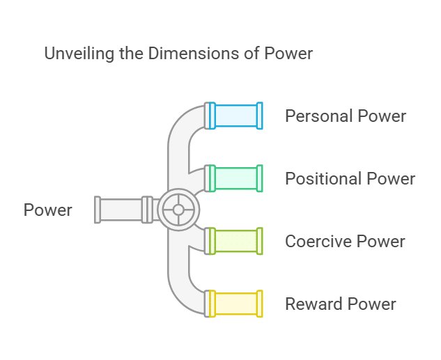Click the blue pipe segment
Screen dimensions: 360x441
click(235, 116)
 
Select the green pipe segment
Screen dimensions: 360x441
click(235, 178)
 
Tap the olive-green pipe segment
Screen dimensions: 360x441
click(235, 241)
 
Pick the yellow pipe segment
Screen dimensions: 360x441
click(235, 304)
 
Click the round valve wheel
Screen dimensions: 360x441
click(178, 209)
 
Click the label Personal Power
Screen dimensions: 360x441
click(345, 116)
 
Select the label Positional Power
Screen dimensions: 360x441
click(350, 178)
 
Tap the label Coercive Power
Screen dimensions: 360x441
click(345, 241)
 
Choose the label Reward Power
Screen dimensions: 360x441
click(340, 304)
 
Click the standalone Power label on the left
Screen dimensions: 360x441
click(48, 210)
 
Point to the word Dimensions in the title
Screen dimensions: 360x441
click(186, 54)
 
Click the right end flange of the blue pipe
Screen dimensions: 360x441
click(260, 116)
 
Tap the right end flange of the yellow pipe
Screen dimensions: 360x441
click(260, 304)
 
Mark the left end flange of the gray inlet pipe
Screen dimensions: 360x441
click(98, 209)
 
